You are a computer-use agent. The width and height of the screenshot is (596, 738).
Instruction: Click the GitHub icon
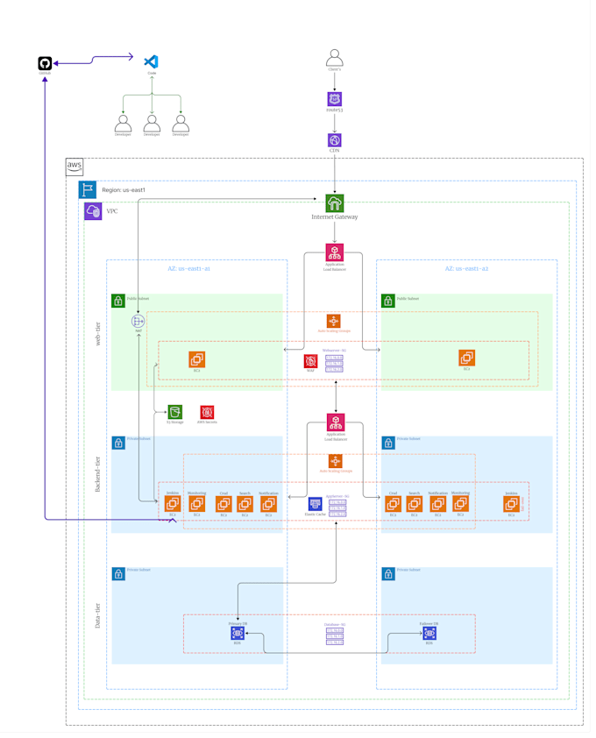(45, 63)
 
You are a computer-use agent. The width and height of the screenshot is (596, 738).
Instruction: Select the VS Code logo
(151, 61)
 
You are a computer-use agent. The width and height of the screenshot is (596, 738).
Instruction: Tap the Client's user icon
(334, 58)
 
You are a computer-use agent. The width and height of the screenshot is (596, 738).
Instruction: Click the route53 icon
(334, 99)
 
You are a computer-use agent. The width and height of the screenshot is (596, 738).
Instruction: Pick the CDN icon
(334, 140)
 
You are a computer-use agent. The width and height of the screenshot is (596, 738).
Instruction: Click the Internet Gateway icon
(334, 203)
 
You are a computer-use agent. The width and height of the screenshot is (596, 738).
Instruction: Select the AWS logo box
(74, 167)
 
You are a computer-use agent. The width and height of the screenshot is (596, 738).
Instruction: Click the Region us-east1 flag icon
(88, 189)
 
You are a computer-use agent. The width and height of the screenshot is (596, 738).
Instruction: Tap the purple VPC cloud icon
(93, 211)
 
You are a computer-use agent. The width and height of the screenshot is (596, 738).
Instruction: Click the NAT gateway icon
(138, 322)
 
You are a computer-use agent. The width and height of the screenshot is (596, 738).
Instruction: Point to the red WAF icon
(310, 361)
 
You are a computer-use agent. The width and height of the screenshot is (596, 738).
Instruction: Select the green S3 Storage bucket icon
(175, 412)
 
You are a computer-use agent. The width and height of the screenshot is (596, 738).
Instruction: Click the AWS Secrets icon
(207, 412)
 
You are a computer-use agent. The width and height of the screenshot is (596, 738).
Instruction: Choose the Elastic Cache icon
(315, 505)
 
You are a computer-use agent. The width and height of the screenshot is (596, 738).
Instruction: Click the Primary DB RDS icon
(238, 633)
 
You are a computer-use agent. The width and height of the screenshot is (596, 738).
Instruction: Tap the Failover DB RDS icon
(429, 633)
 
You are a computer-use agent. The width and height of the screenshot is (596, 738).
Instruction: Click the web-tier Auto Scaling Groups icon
(333, 321)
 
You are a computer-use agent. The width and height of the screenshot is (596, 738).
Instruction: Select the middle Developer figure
(152, 123)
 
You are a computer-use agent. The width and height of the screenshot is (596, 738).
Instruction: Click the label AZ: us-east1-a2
(466, 268)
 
